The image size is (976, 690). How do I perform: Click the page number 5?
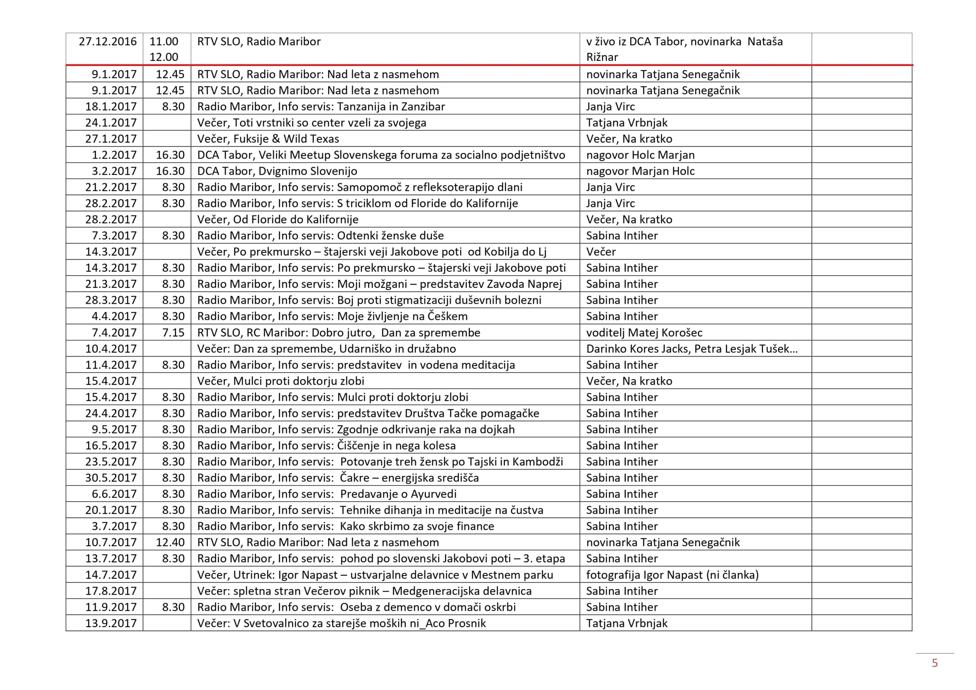934,663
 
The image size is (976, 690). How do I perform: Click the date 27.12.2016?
108,42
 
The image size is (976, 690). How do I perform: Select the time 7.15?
173,332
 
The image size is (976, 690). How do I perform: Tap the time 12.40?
170,542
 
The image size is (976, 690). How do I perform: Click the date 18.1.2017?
111,106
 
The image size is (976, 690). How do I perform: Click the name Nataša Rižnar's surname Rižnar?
602,57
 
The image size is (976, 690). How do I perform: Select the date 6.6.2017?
114,494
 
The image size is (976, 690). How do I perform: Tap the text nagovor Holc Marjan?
640,155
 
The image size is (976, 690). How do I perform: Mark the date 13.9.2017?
111,623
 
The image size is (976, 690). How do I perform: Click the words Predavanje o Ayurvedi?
398,494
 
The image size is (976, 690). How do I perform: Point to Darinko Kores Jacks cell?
692,348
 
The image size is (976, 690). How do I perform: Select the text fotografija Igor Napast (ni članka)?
672,575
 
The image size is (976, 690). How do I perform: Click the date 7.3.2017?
114,236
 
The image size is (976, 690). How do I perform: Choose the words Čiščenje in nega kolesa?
396,446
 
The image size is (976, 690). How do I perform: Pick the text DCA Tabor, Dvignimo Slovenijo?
277,171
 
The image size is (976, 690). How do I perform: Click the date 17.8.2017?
111,591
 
